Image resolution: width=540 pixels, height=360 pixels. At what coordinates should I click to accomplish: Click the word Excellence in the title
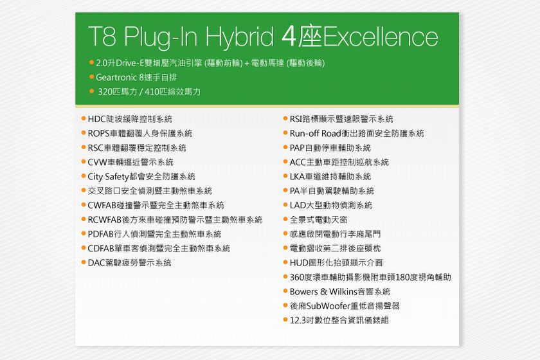381,37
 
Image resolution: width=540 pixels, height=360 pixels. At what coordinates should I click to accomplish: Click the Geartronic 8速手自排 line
136,78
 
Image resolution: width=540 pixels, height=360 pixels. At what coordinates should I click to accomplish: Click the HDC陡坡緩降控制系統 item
130,119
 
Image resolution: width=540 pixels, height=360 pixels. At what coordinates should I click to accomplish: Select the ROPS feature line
140,133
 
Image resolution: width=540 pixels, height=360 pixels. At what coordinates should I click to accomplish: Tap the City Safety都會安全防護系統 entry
141,177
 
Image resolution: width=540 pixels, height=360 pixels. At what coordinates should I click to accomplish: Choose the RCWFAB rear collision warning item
175,220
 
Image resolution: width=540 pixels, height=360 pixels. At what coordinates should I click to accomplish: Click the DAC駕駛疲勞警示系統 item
129,263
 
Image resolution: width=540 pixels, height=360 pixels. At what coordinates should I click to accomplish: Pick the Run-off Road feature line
357,133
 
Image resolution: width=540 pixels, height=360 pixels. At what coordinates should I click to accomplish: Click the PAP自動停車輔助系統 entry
330,148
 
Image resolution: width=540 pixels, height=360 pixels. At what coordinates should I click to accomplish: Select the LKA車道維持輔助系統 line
330,177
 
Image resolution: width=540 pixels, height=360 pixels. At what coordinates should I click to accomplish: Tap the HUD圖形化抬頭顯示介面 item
336,263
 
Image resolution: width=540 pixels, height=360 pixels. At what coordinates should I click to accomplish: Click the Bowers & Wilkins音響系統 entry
340,292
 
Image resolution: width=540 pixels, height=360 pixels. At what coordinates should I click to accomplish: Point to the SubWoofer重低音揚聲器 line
345,306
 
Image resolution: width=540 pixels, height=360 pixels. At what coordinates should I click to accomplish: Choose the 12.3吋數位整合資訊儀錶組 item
339,320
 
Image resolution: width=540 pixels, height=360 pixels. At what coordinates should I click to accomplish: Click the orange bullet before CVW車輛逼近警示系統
84,161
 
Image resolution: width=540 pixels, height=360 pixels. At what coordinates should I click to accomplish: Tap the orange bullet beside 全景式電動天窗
285,219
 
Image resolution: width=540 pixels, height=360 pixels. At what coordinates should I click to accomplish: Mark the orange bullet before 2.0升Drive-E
91,62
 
